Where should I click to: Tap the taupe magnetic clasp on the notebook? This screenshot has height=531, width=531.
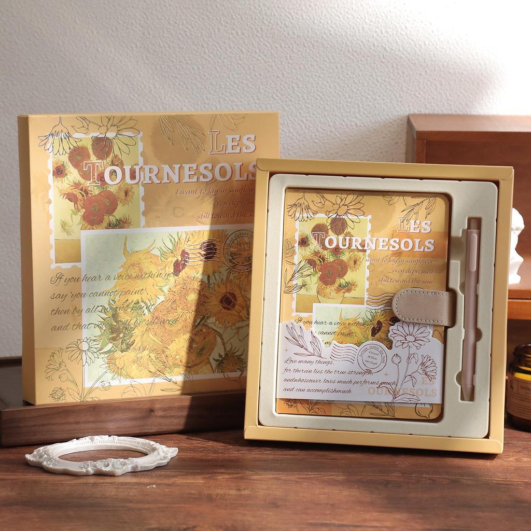tap(423, 308)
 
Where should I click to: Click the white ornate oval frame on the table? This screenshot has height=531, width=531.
tap(102, 455)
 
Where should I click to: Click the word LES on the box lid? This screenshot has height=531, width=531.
tap(233, 143)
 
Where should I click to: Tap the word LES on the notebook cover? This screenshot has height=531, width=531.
tap(414, 226)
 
